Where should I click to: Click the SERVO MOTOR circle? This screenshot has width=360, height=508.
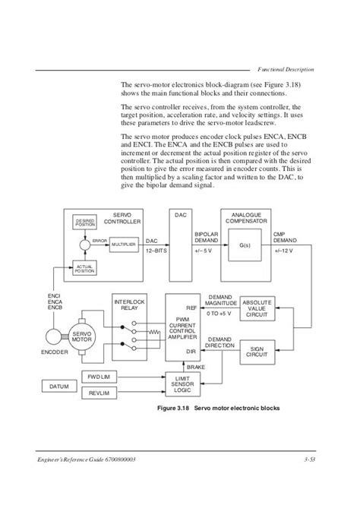pos(81,336)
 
